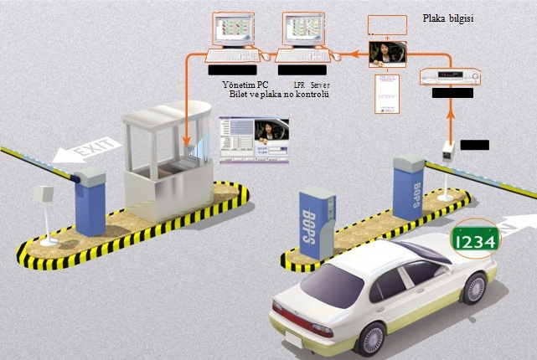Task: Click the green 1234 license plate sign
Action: tap(475, 239)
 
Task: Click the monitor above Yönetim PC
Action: tap(235, 31)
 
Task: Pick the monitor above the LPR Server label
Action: tap(304, 31)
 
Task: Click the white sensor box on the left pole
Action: tap(43, 195)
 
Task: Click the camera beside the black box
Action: tap(448, 149)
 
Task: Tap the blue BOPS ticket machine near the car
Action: tap(318, 225)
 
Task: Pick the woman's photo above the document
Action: tap(388, 55)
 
